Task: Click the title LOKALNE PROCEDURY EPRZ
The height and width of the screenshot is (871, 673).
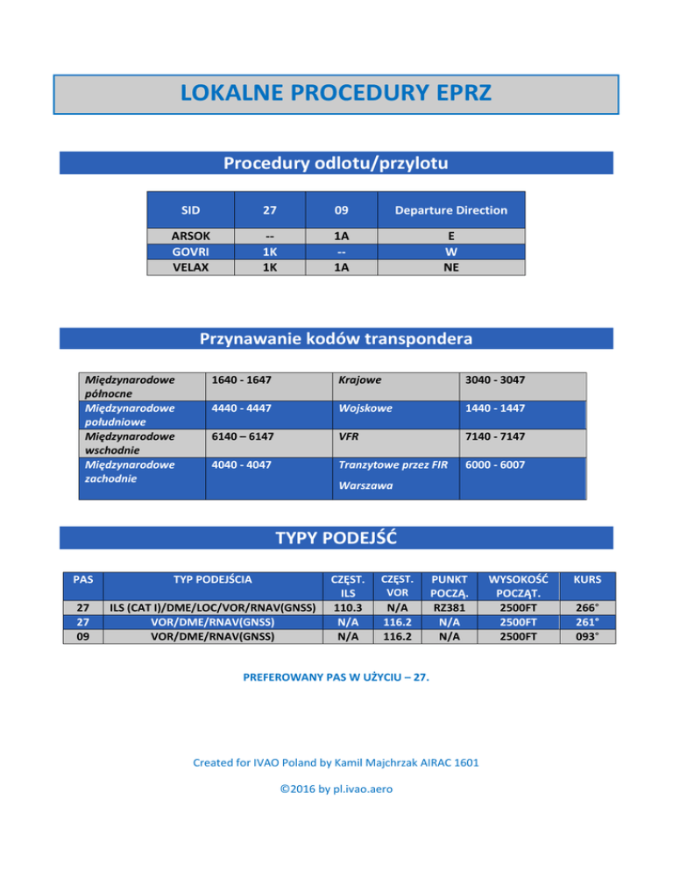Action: point(336,94)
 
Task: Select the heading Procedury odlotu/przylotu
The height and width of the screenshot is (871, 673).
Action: point(336,164)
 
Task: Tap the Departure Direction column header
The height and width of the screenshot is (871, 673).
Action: point(451,210)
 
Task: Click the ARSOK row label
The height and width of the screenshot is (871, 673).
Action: point(189,237)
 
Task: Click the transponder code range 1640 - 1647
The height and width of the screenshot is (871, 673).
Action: point(241,381)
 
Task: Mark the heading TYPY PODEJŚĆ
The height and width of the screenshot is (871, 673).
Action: point(336,538)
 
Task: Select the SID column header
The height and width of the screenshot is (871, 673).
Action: point(189,210)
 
